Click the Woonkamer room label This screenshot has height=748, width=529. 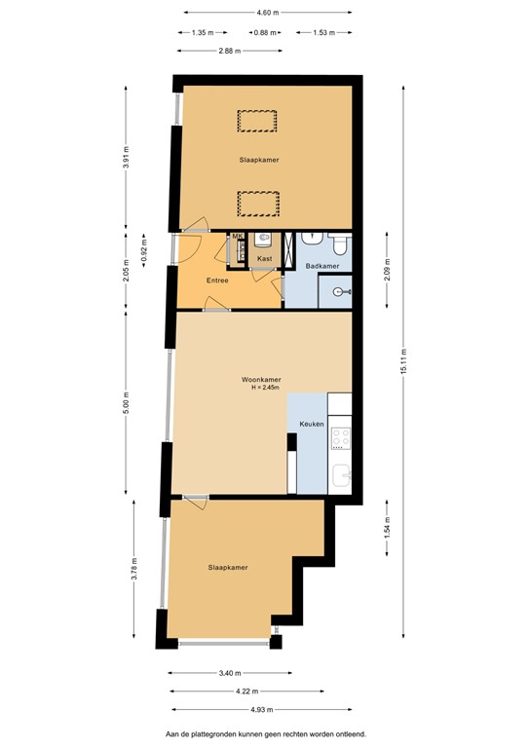tap(261, 379)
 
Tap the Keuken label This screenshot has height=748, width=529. tap(311, 425)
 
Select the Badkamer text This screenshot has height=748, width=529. tap(321, 266)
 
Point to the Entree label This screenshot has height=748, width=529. tap(216, 280)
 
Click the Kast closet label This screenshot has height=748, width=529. tap(264, 259)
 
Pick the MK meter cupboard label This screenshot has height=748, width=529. tap(237, 237)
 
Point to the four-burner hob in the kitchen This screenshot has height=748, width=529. tap(341, 438)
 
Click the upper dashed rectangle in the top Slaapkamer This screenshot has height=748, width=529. tap(257, 121)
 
